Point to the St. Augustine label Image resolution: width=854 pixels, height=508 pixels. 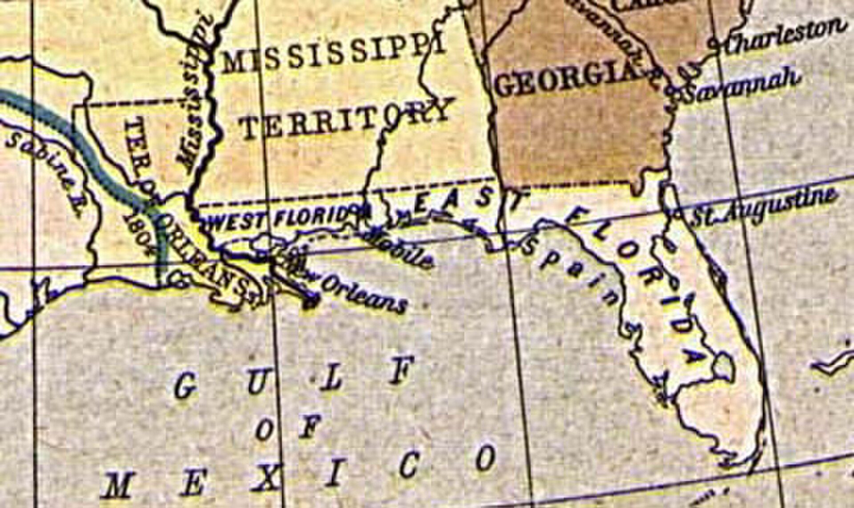point(763,207)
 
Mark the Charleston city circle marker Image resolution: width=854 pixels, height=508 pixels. point(711,44)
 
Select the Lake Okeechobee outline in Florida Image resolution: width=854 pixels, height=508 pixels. point(723,367)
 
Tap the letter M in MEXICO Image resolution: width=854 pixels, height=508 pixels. point(118,485)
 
